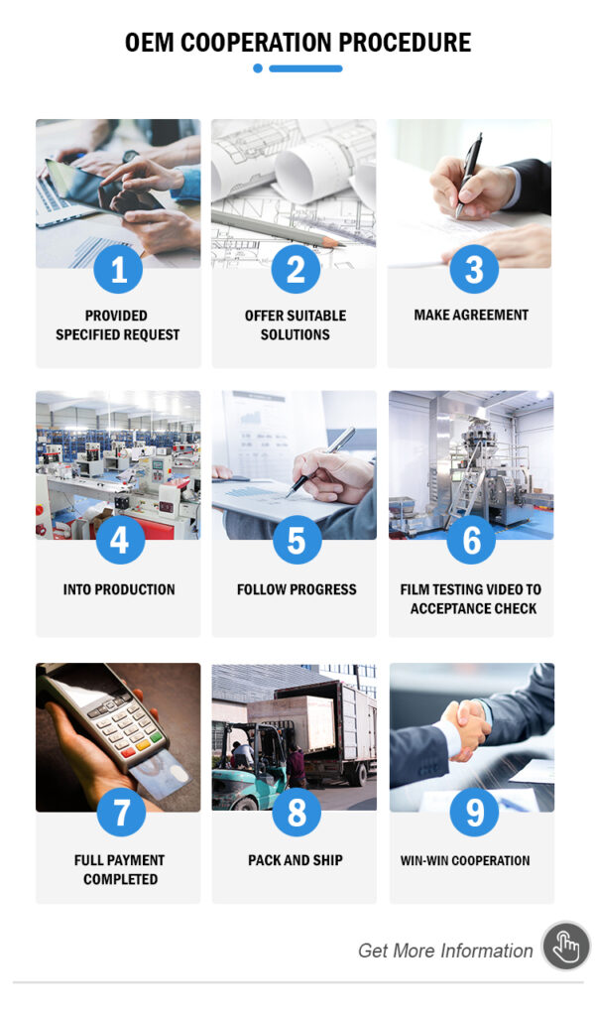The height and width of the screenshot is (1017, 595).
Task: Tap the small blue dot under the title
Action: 258,68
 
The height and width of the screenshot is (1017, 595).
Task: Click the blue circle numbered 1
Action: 118,269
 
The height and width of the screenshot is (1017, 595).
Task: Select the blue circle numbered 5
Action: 297,540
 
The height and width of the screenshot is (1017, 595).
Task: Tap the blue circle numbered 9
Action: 474,812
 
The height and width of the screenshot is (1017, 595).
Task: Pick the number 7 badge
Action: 121,812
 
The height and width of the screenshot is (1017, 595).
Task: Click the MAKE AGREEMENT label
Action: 471,316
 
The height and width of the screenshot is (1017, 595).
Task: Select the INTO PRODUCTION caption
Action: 119,589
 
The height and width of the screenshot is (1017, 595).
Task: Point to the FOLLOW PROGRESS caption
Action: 297,589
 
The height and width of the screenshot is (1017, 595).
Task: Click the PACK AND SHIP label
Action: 295,860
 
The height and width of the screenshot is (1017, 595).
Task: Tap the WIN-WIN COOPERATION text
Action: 465,860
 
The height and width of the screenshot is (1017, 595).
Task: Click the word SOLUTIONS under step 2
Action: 295,334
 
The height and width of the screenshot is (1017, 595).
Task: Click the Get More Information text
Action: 445,951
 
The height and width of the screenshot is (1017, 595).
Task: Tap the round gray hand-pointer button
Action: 566,947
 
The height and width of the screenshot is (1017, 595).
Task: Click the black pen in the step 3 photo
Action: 469,174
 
